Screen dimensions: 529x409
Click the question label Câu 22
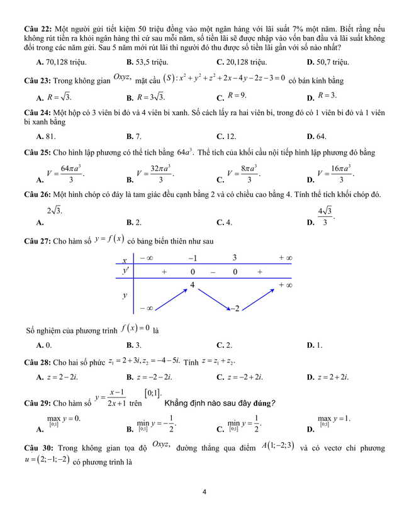(37, 30)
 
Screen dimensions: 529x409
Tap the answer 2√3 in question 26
(54, 211)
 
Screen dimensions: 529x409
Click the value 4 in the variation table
(192, 286)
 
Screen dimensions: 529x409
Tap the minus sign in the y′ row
(213, 272)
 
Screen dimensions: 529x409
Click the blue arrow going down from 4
(211, 296)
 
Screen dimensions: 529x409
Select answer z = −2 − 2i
(152, 377)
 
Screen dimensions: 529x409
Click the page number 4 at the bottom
(204, 492)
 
